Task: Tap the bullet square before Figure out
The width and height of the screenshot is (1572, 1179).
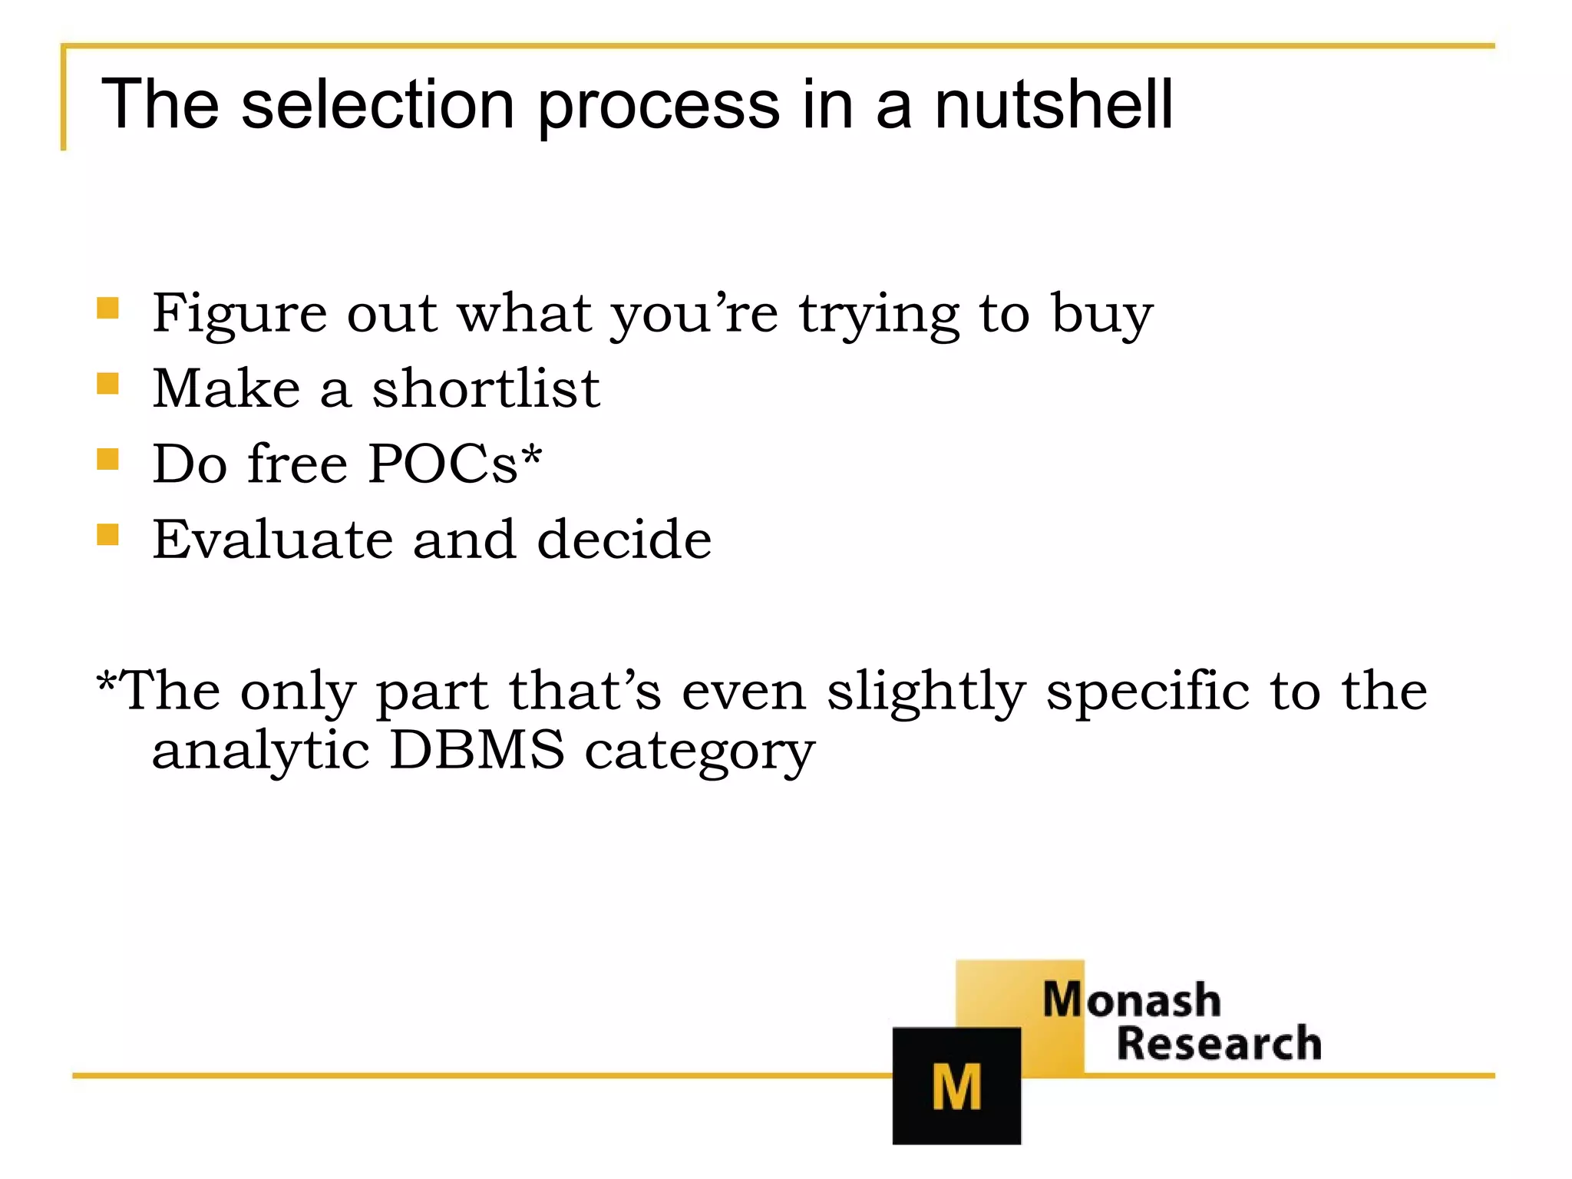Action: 108,309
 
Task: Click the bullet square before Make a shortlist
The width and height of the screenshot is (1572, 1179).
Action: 108,384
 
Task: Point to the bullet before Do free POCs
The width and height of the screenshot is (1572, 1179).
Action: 108,459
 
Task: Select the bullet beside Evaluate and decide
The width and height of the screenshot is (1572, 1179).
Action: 108,534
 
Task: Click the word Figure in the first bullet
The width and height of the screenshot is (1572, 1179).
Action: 239,315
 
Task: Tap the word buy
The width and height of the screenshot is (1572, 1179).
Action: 1101,315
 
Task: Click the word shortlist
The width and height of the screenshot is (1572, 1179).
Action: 485,388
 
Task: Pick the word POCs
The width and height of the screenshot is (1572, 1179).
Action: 443,464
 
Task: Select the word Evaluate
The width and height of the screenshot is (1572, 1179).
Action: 272,539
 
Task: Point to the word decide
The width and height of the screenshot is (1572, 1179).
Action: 624,539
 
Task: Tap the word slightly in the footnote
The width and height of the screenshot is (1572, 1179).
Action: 926,691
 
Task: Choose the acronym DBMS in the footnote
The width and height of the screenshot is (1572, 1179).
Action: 477,750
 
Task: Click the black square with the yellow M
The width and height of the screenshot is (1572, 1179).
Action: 956,1085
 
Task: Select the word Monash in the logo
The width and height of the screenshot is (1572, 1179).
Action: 1131,999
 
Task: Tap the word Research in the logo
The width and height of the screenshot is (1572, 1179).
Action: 1219,1044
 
